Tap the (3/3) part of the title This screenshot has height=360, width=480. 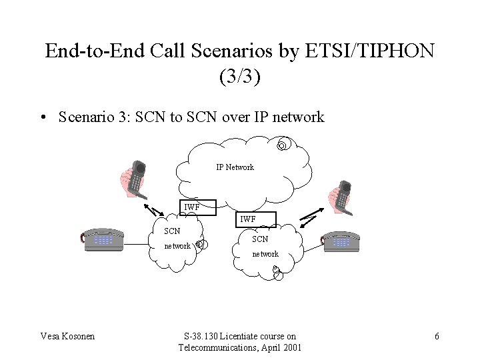point(239,76)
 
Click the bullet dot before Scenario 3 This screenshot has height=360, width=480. point(42,117)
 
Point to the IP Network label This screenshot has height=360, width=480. point(235,167)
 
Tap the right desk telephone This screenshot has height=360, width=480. point(339,242)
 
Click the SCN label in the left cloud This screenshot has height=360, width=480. point(172,231)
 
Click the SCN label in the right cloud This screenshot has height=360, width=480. point(260,239)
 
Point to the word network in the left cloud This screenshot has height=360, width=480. point(177,246)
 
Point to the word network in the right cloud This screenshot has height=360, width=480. point(265,254)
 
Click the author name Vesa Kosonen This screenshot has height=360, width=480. point(67,336)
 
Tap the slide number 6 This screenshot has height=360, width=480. point(437,336)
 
